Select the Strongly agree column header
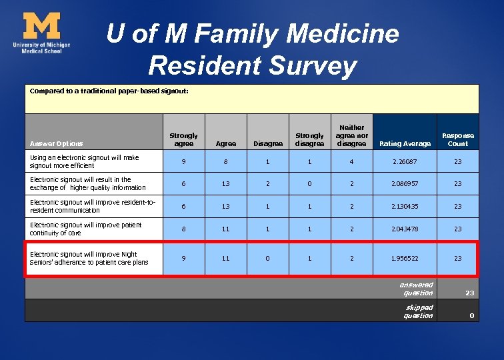(x=183, y=139)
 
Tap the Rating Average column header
(x=405, y=143)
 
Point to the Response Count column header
(x=458, y=139)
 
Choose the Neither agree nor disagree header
(x=352, y=135)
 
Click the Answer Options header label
(x=57, y=143)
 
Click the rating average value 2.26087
(x=405, y=161)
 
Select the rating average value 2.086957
(x=405, y=183)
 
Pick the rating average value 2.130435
(x=405, y=206)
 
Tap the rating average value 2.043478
(x=405, y=229)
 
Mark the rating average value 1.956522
(x=405, y=258)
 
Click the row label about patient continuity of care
(x=85, y=229)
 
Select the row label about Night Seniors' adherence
(x=89, y=258)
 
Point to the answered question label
(x=418, y=288)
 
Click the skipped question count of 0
(x=471, y=315)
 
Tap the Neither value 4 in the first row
(x=352, y=161)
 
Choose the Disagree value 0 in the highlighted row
(x=267, y=258)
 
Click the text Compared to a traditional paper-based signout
(x=109, y=90)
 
